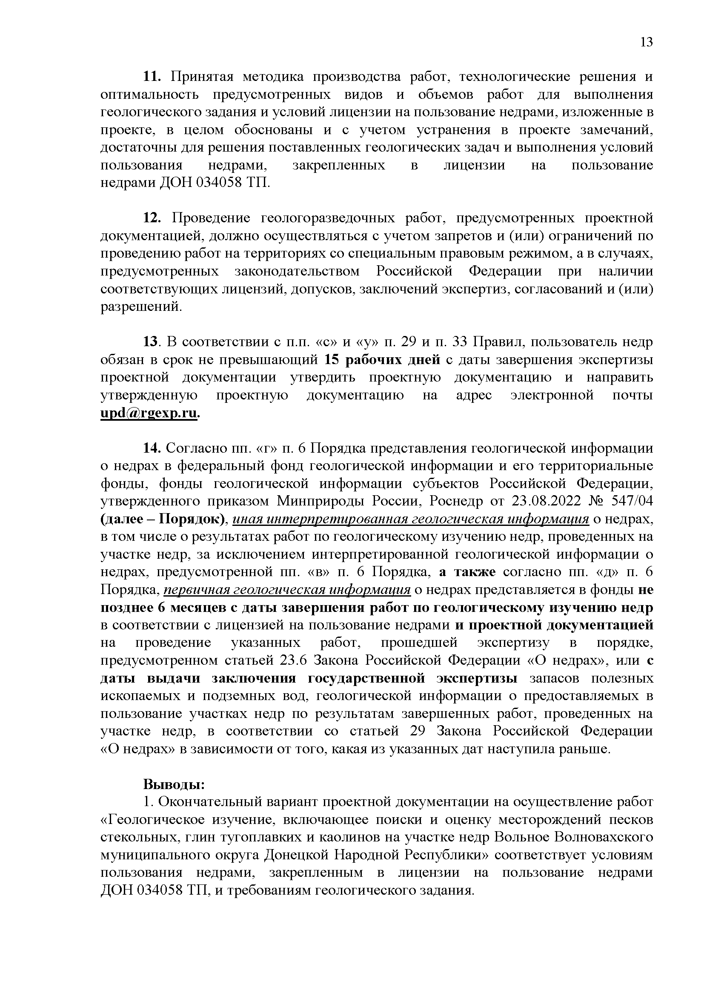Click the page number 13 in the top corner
(646, 42)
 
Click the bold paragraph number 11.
(152, 77)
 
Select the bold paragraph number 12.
(152, 218)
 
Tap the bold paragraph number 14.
(152, 448)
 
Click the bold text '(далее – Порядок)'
(163, 519)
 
